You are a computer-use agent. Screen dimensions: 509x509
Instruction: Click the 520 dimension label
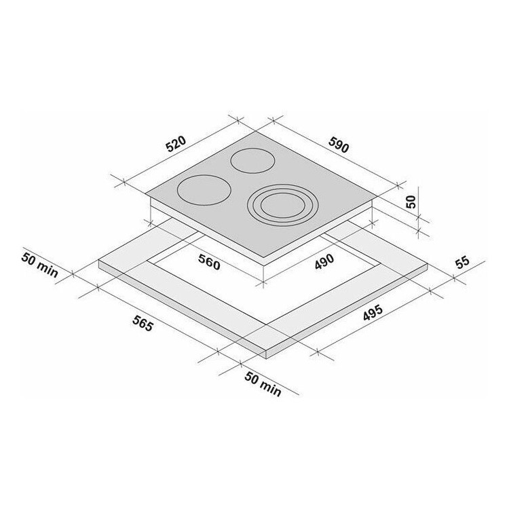[x=176, y=144]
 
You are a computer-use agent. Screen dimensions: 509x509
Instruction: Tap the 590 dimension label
[x=339, y=145]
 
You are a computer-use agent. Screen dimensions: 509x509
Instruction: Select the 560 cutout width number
[x=209, y=262]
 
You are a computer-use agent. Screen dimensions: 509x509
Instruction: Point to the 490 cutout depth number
[x=324, y=261]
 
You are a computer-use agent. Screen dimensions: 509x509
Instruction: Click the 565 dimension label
[x=143, y=323]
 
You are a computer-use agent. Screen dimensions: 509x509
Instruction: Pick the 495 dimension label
[x=373, y=313]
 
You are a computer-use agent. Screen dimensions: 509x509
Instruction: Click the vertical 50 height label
[x=411, y=202]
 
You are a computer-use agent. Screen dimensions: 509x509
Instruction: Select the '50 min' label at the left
[x=40, y=265]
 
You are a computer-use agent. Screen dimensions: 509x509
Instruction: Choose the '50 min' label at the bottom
[x=263, y=384]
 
